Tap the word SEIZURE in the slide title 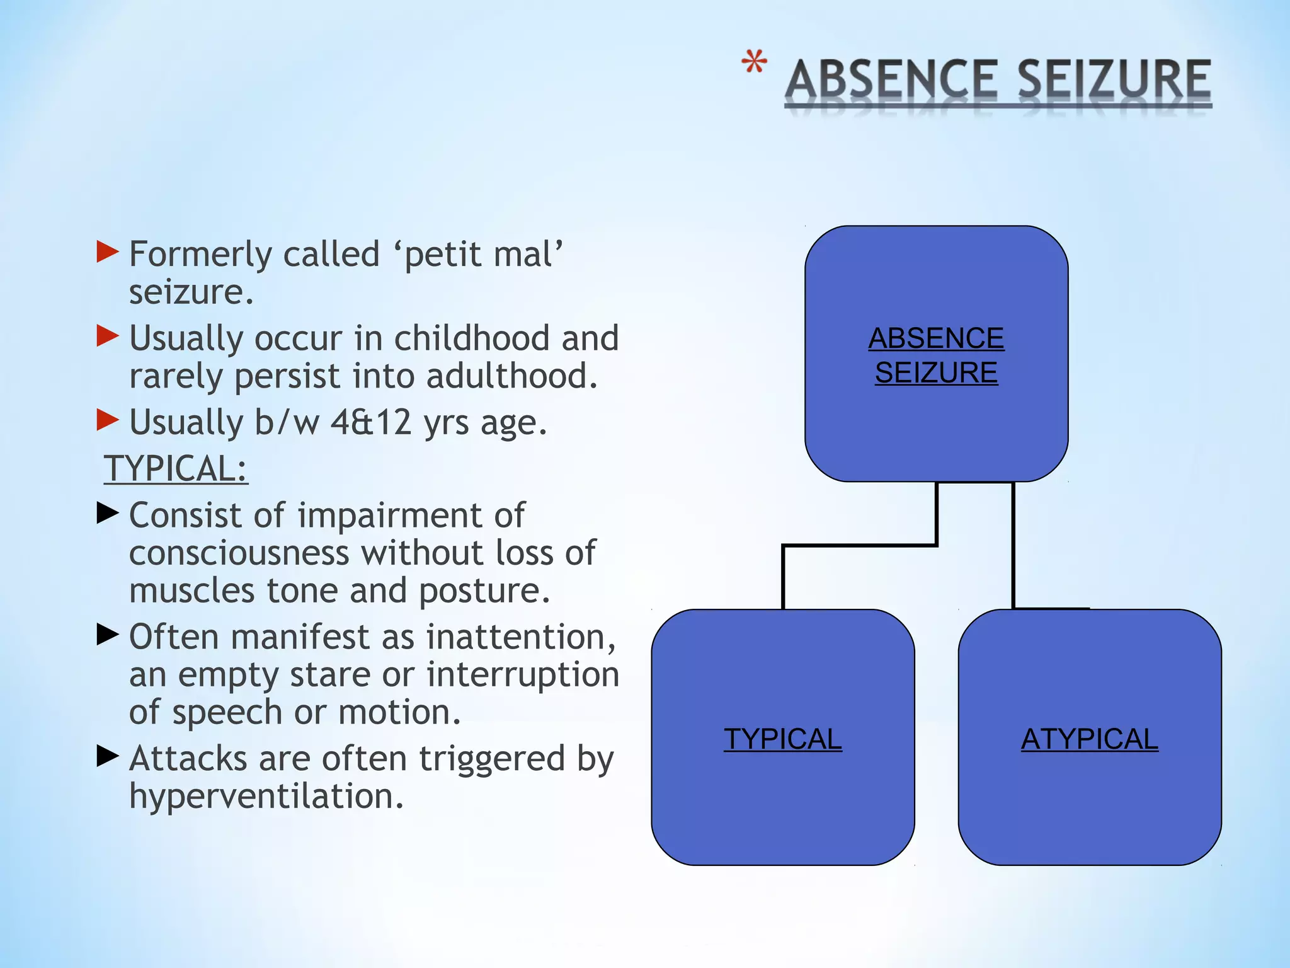click(1114, 80)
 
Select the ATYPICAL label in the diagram click(1089, 739)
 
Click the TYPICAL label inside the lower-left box click(782, 739)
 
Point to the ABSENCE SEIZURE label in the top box click(936, 355)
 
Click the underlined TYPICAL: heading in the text click(176, 469)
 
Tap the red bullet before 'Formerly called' click(108, 252)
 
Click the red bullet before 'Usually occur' click(108, 336)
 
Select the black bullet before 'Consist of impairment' click(108, 513)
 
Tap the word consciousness click(239, 553)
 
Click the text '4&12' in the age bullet click(370, 422)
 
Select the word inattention click(520, 637)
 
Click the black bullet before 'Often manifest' click(108, 635)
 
